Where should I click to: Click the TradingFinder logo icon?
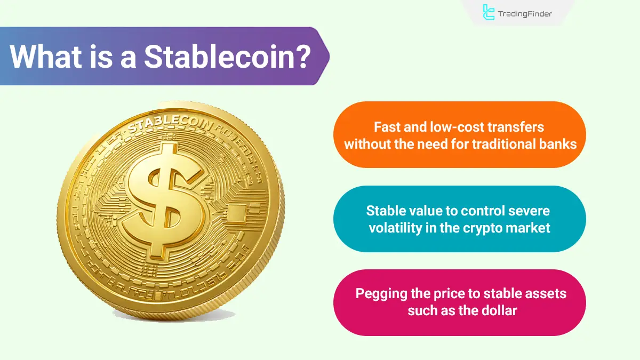coord(489,12)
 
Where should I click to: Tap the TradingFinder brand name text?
coord(525,14)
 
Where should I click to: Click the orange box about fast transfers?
coord(460,135)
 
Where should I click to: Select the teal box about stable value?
coord(460,219)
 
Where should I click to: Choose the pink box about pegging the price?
coord(460,302)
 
